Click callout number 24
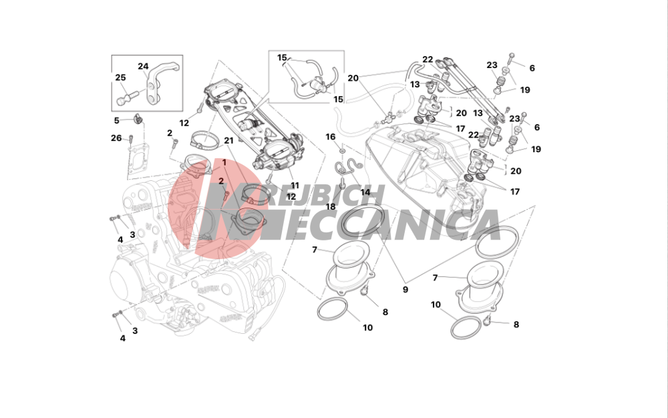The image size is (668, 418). [x=143, y=66]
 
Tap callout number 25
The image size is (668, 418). [x=120, y=77]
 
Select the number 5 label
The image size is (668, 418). [x=117, y=120]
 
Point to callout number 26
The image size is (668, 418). [x=116, y=138]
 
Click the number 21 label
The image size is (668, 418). [x=228, y=140]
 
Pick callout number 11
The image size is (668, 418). [x=295, y=186]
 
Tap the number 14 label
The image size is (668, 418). [x=365, y=192]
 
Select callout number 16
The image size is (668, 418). [x=331, y=137]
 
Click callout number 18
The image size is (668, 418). [x=331, y=207]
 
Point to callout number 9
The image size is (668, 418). [x=405, y=289]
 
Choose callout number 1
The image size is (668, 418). [x=224, y=163]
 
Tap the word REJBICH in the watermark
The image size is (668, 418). [x=325, y=195]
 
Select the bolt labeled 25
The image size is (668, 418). [x=126, y=97]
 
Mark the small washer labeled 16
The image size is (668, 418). [x=342, y=151]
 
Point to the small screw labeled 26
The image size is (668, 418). [x=131, y=138]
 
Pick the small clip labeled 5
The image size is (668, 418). [x=137, y=118]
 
